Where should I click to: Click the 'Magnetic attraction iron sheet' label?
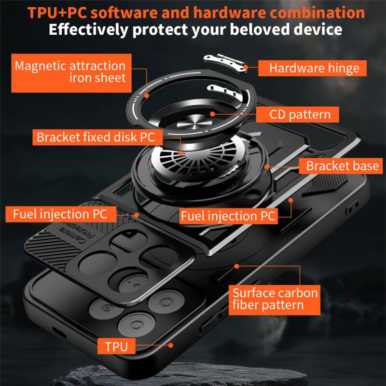70,71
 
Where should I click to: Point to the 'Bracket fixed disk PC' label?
96,137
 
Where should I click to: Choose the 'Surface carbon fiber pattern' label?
275,299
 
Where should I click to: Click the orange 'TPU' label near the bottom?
116,345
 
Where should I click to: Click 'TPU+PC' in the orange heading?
55,12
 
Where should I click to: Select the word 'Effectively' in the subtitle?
90,29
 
